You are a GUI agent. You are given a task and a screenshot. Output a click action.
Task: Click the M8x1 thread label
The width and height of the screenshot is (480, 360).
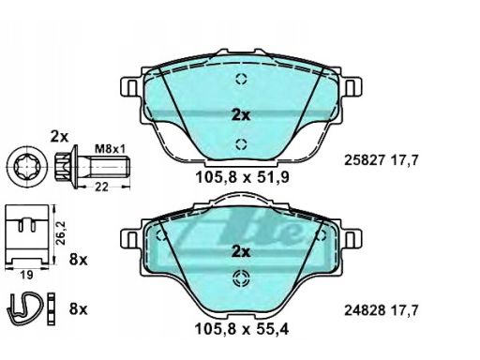click(110, 149)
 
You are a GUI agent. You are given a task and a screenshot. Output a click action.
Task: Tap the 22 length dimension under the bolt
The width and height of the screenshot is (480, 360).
click(101, 187)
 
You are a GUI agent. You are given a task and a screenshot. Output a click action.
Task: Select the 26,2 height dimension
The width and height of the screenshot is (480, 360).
click(60, 232)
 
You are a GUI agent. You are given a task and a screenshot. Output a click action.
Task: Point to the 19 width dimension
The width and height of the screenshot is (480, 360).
click(26, 275)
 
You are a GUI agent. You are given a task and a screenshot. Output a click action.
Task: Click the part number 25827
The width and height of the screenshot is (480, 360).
click(364, 160)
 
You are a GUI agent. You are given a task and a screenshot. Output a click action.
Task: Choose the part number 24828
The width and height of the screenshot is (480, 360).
click(364, 310)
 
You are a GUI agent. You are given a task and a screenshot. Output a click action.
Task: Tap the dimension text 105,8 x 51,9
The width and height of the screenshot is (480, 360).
click(242, 177)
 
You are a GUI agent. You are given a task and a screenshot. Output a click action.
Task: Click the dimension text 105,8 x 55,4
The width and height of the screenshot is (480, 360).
click(242, 329)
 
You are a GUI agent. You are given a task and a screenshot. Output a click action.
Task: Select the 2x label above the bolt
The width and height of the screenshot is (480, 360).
click(59, 137)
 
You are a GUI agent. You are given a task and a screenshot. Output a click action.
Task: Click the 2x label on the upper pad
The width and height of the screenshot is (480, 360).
click(241, 115)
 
